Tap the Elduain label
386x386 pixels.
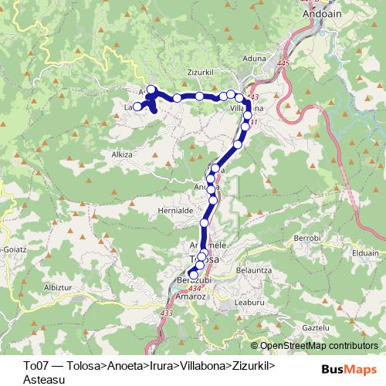(x=364, y=252)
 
